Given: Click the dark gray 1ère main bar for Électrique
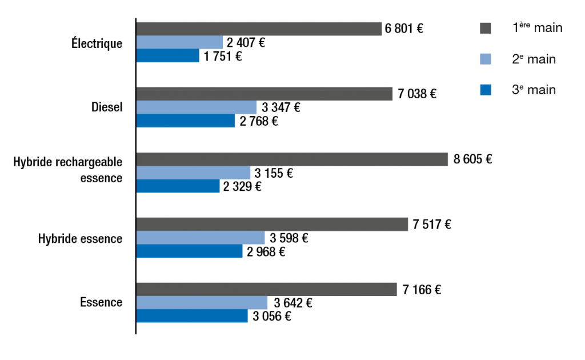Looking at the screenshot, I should click(258, 29).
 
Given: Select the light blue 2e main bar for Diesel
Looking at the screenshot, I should click(197, 107).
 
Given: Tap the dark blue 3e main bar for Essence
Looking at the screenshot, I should click(192, 317).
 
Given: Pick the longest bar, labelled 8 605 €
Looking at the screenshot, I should click(292, 159).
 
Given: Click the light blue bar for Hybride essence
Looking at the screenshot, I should click(201, 238).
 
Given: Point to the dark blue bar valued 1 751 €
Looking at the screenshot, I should click(168, 56).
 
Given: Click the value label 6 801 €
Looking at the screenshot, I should click(404, 29).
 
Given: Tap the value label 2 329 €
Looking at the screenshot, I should click(242, 186).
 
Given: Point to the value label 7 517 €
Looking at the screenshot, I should click(432, 225).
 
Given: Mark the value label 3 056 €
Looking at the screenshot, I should click(271, 317).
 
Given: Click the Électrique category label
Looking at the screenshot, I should click(97, 43).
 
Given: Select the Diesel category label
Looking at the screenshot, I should click(107, 107).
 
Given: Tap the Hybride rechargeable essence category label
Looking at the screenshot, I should click(68, 170).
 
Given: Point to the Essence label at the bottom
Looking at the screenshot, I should click(101, 302).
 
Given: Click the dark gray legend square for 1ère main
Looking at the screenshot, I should click(486, 28).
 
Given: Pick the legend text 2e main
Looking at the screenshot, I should click(534, 59).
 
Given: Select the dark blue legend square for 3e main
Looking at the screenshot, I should click(486, 90).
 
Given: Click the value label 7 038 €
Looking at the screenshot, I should click(417, 94).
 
